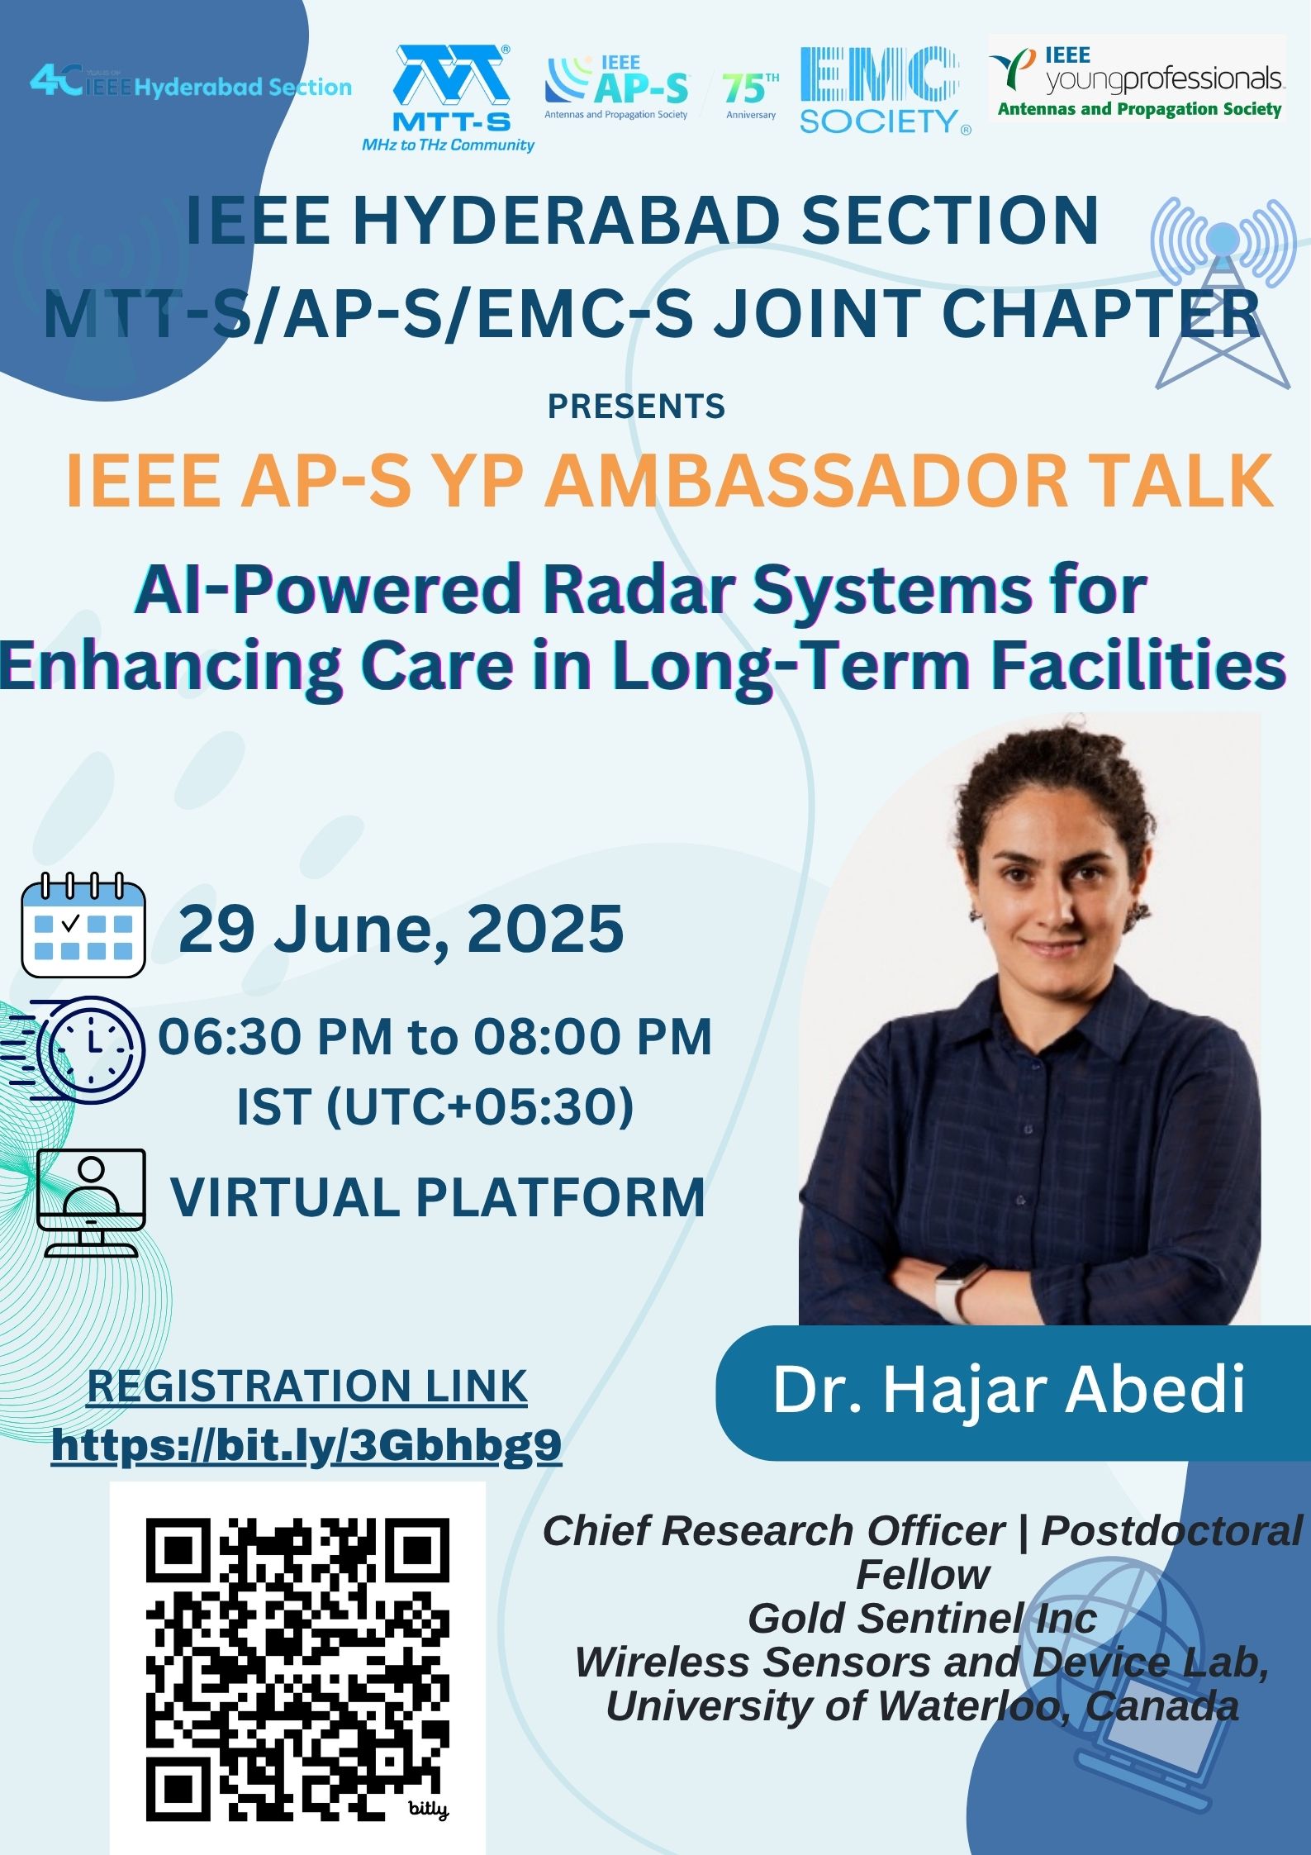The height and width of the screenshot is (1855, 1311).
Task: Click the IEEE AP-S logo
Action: [x=617, y=88]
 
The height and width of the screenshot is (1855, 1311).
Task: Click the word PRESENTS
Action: [x=637, y=407]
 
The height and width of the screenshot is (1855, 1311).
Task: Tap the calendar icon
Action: [x=83, y=925]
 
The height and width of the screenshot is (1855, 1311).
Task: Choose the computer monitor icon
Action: [x=92, y=1202]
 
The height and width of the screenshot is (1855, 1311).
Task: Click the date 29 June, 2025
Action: [x=401, y=929]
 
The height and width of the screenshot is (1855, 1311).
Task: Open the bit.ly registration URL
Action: [x=306, y=1445]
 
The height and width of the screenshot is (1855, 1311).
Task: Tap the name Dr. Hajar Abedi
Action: [x=1009, y=1390]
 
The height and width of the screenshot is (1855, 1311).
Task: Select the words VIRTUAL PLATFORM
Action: [x=438, y=1196]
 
